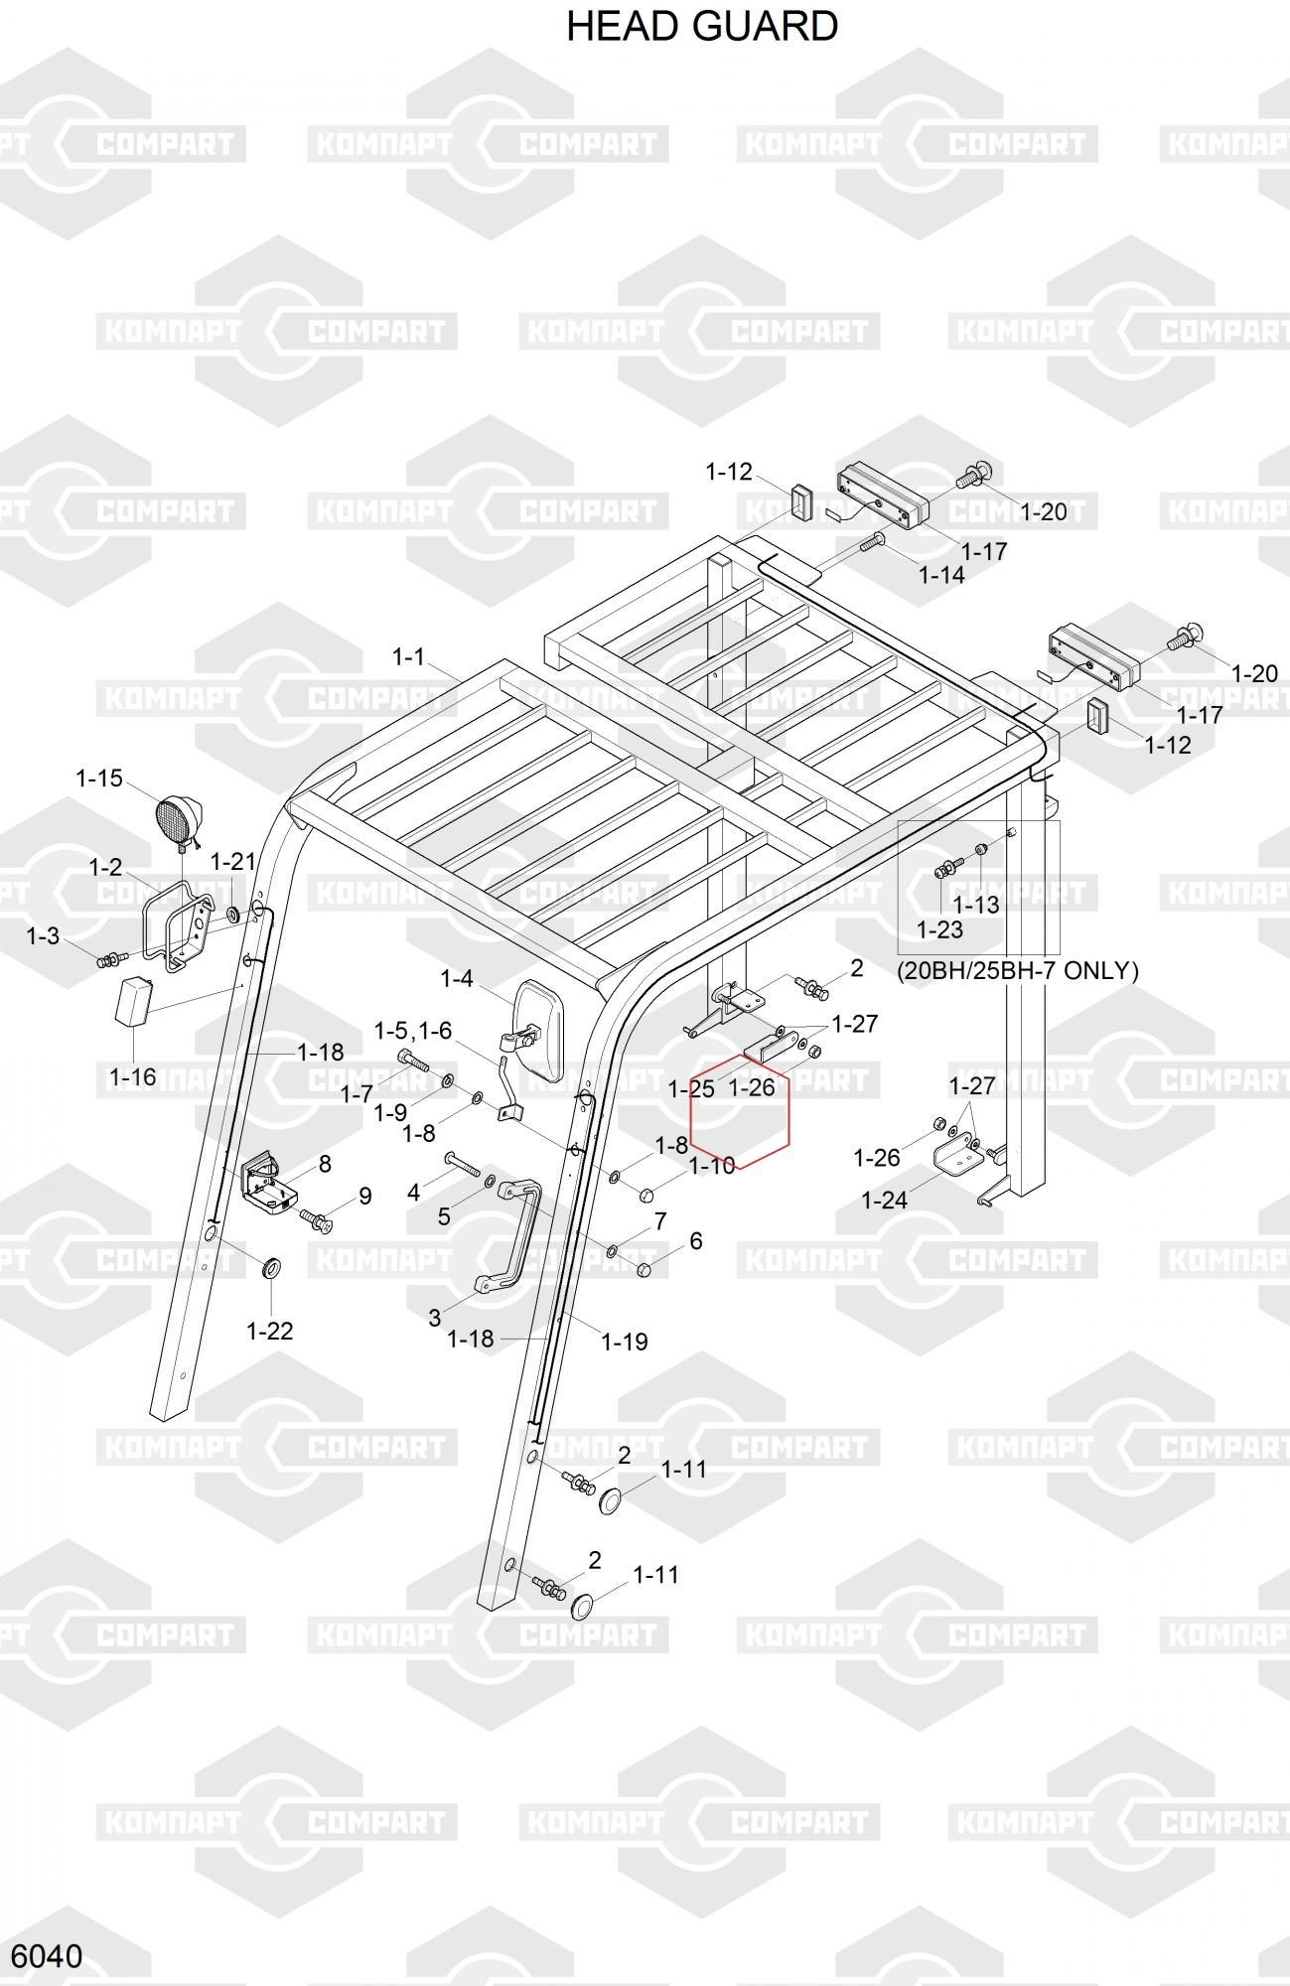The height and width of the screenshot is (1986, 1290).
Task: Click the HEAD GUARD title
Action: pyautogui.click(x=702, y=26)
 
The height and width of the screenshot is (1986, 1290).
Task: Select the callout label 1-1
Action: pyautogui.click(x=408, y=656)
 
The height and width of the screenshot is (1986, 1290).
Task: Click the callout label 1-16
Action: pyautogui.click(x=132, y=1076)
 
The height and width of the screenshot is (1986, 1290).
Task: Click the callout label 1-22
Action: pyautogui.click(x=269, y=1331)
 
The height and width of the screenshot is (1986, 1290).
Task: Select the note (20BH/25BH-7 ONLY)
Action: pyautogui.click(x=1018, y=970)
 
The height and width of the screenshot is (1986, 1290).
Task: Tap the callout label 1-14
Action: pyautogui.click(x=941, y=575)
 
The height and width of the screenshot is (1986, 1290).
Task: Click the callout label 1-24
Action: pyautogui.click(x=884, y=1200)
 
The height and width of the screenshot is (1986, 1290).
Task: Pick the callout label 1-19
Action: pyautogui.click(x=625, y=1342)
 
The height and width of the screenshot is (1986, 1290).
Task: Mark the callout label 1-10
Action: pyautogui.click(x=712, y=1165)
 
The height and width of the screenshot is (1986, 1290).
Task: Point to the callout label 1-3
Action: pyautogui.click(x=43, y=935)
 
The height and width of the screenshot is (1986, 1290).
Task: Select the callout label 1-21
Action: pyautogui.click(x=232, y=862)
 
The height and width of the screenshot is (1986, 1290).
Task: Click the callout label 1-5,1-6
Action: pyautogui.click(x=412, y=1031)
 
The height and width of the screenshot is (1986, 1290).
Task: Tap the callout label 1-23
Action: pyautogui.click(x=939, y=929)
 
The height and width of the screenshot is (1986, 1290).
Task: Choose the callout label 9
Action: pyautogui.click(x=365, y=1197)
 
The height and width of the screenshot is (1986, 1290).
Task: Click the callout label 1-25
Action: pyautogui.click(x=691, y=1088)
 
